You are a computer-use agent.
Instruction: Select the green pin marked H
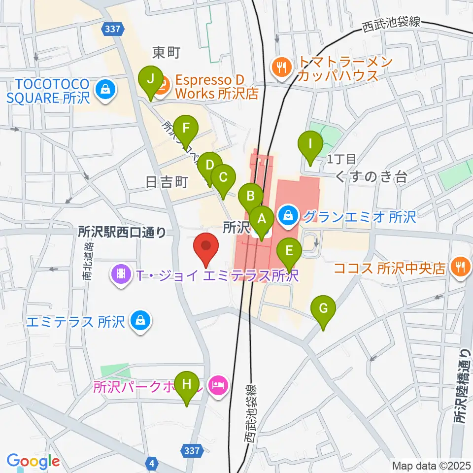[x=187, y=384]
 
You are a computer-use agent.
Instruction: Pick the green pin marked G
[x=323, y=309]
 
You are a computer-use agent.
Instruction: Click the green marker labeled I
[x=310, y=145]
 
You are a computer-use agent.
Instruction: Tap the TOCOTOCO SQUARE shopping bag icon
[x=105, y=89]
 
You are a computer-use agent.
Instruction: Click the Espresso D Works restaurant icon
[x=163, y=84]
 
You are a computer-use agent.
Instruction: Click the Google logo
[x=33, y=462]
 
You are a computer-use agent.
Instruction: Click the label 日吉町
[x=167, y=183]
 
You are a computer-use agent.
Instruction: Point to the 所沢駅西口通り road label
[x=122, y=232]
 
